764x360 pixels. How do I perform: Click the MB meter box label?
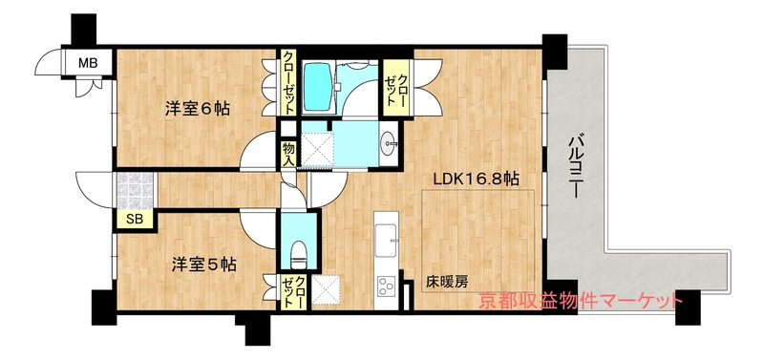[x=88, y=63]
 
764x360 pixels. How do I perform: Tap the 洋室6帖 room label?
[x=198, y=109]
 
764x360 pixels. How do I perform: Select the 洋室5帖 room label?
[x=204, y=265]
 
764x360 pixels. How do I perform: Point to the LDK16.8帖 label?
[x=477, y=180]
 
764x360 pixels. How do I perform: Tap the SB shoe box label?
[x=135, y=220]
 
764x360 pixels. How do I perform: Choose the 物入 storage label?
[x=288, y=153]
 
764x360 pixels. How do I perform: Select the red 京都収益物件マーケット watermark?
[x=581, y=300]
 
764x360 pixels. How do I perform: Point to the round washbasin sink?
[x=388, y=143]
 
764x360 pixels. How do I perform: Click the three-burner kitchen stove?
[x=387, y=286]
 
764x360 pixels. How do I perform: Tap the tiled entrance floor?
[x=134, y=190]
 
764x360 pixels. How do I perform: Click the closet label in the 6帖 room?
[x=288, y=82]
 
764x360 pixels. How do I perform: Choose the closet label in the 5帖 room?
[x=294, y=291]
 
